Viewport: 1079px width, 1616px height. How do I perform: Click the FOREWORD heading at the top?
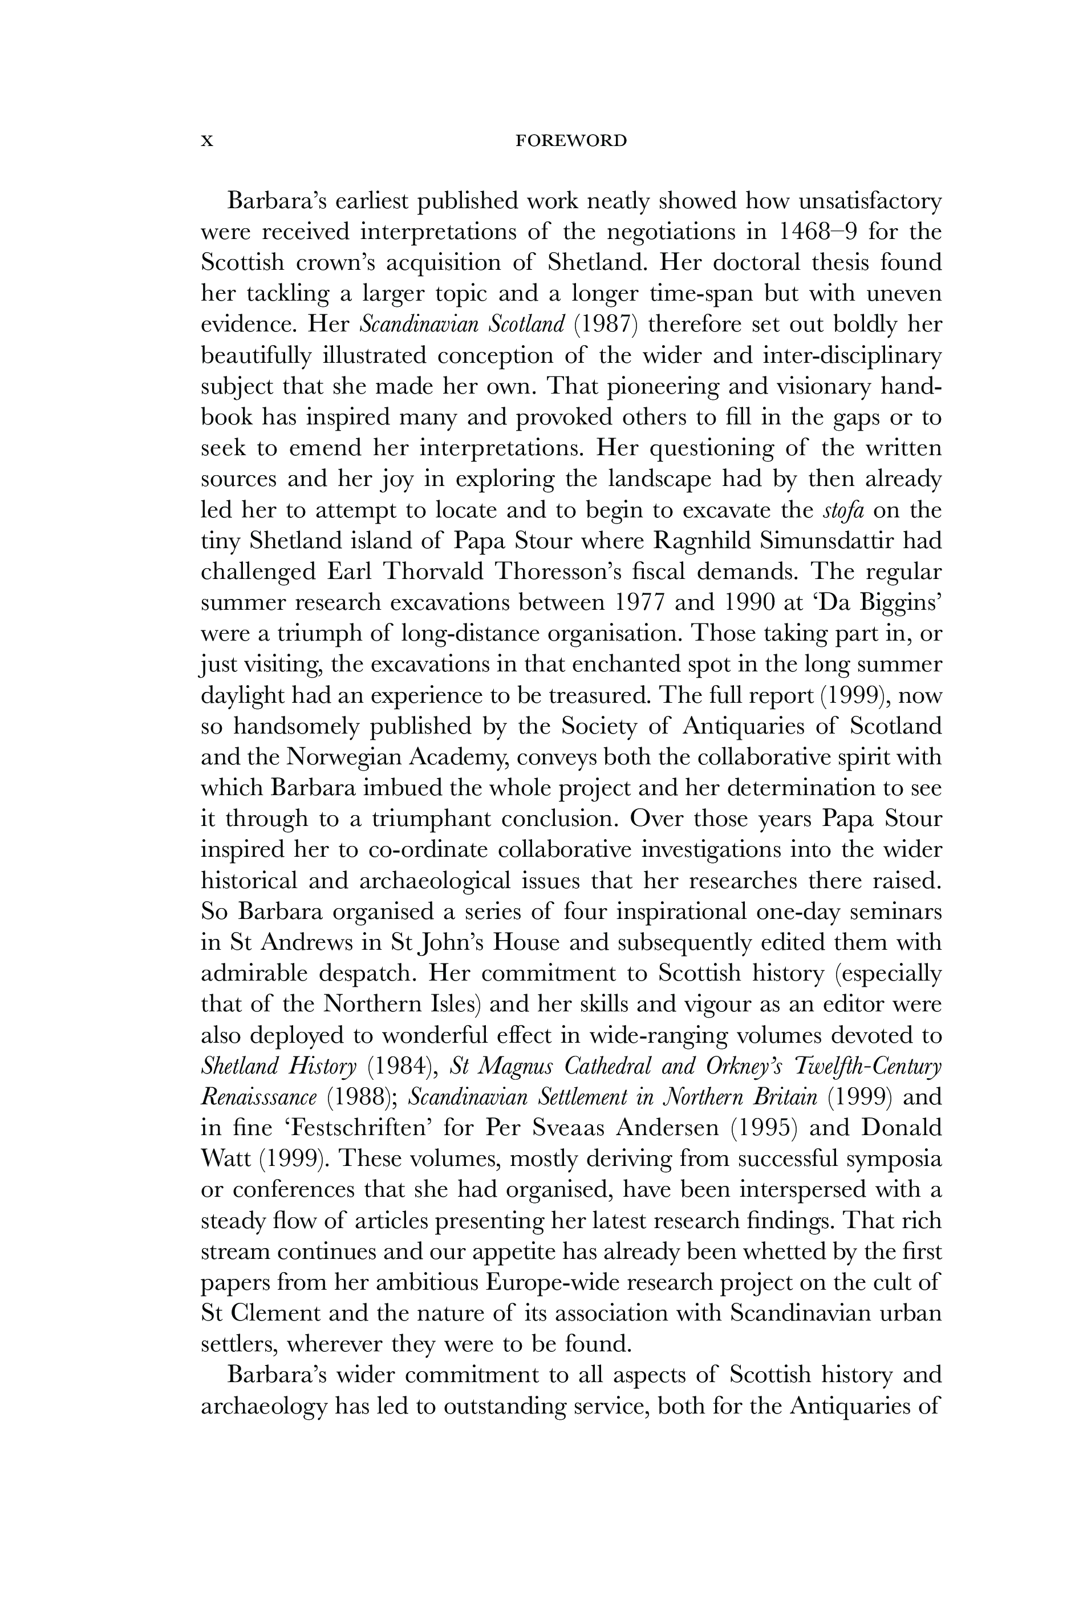point(571,141)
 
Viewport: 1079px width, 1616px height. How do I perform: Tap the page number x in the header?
point(206,141)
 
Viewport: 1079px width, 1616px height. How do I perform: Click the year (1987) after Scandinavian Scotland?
point(606,324)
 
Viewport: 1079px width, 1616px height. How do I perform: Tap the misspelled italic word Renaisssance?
point(259,1097)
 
